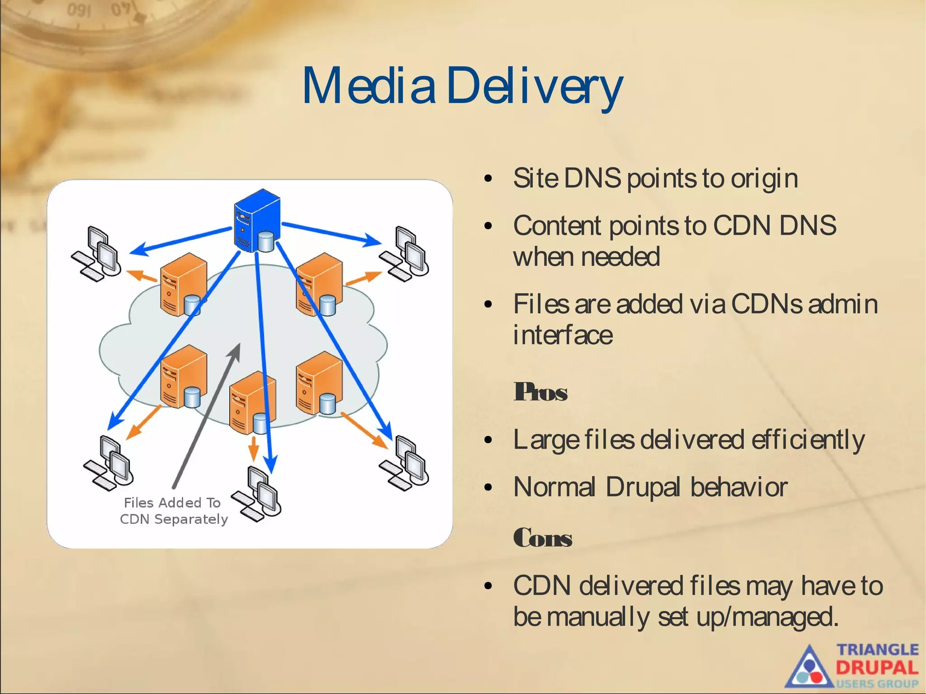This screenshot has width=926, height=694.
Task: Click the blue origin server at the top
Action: click(x=257, y=221)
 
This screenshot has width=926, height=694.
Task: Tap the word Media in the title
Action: click(x=369, y=86)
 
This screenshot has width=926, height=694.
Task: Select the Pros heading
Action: click(x=540, y=392)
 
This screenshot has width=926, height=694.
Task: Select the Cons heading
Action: click(x=543, y=538)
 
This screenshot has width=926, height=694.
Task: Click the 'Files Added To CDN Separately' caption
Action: click(x=174, y=511)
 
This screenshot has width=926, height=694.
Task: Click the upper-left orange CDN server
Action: click(x=183, y=284)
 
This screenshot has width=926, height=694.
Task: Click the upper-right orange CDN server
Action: click(x=319, y=284)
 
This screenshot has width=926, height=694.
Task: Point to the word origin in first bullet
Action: click(x=764, y=179)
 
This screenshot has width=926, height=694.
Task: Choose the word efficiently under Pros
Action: click(x=808, y=440)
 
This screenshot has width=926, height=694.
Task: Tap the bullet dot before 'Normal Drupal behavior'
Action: click(x=487, y=487)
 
